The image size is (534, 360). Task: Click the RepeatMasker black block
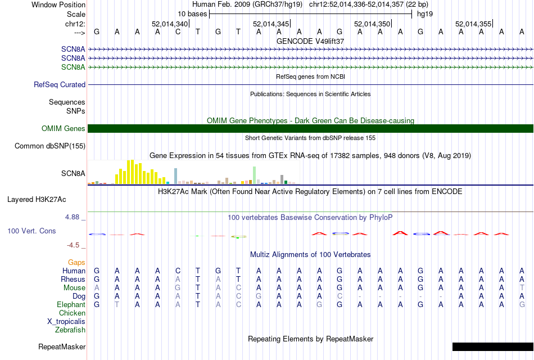(x=492, y=346)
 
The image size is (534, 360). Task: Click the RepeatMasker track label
(x=62, y=346)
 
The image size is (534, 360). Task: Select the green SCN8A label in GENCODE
(x=73, y=67)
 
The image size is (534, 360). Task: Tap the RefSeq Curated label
(x=60, y=85)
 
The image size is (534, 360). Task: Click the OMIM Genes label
(x=64, y=129)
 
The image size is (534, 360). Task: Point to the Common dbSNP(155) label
(x=50, y=146)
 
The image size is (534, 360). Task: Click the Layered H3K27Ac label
(x=37, y=199)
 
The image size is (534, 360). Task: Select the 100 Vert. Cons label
(x=31, y=231)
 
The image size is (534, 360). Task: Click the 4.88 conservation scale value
(x=74, y=217)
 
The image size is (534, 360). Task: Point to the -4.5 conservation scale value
(x=74, y=245)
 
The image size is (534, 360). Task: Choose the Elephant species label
(x=71, y=304)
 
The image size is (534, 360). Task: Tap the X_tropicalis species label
(x=66, y=322)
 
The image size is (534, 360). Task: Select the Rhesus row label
(x=73, y=279)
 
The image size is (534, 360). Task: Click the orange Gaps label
(x=76, y=263)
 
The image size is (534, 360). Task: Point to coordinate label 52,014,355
(x=473, y=24)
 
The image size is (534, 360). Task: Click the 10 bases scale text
(x=192, y=13)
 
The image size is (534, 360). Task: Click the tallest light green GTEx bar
(x=255, y=174)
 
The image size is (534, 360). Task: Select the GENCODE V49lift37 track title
(x=310, y=42)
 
